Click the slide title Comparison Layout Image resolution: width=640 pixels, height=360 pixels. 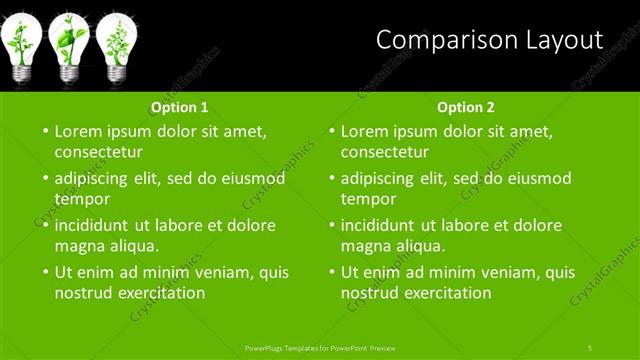pyautogui.click(x=489, y=40)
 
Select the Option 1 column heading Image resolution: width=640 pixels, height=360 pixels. pyautogui.click(x=180, y=107)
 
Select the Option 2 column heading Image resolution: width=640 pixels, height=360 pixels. pyautogui.click(x=466, y=107)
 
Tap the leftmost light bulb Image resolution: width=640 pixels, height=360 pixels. pyautogui.click(x=22, y=45)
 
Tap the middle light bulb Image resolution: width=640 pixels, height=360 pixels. pyautogui.click(x=69, y=45)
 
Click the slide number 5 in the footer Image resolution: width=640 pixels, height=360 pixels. pyautogui.click(x=590, y=347)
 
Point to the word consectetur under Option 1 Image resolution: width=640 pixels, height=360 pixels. pyautogui.click(x=98, y=153)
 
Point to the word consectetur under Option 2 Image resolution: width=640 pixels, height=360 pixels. pyautogui.click(x=384, y=153)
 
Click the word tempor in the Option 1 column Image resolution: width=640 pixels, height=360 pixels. pyautogui.click(x=82, y=199)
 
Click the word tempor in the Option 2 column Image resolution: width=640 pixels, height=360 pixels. pyautogui.click(x=368, y=199)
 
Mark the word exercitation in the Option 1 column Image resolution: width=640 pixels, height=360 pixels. pyautogui.click(x=160, y=293)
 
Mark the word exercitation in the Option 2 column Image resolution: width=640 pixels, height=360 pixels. pyautogui.click(x=446, y=293)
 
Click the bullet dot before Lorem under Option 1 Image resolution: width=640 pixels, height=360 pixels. pyautogui.click(x=44, y=131)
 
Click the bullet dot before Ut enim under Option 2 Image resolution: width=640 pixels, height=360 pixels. pyautogui.click(x=330, y=271)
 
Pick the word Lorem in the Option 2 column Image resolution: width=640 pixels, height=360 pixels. pyautogui.click(x=365, y=131)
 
